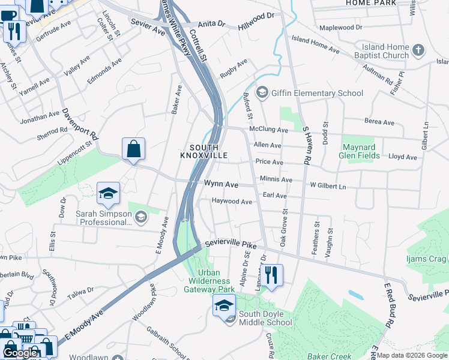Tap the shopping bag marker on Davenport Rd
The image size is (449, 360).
(x=133, y=150)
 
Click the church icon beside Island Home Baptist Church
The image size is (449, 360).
(x=419, y=51)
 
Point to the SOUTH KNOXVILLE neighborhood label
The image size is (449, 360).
(x=204, y=151)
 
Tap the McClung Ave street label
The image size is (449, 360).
(x=270, y=130)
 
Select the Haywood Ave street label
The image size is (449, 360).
(x=232, y=202)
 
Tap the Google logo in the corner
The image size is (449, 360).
(x=20, y=353)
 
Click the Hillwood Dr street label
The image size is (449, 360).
(x=255, y=21)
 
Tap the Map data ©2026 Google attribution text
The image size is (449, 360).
(x=411, y=355)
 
